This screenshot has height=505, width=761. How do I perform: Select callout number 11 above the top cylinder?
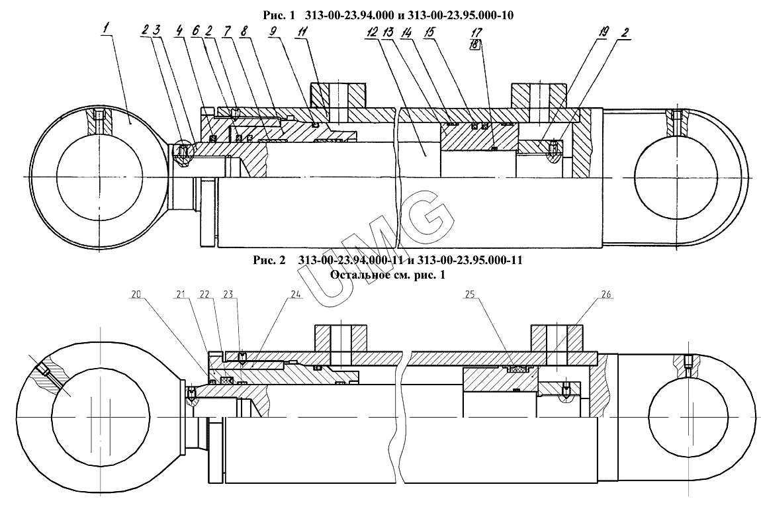pos(302,32)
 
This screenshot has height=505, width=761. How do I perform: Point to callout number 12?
pos(373,32)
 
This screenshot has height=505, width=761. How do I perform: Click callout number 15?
pos(429,32)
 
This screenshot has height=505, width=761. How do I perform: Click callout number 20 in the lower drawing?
pos(136,295)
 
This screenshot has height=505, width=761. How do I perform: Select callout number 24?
pos(296,295)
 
